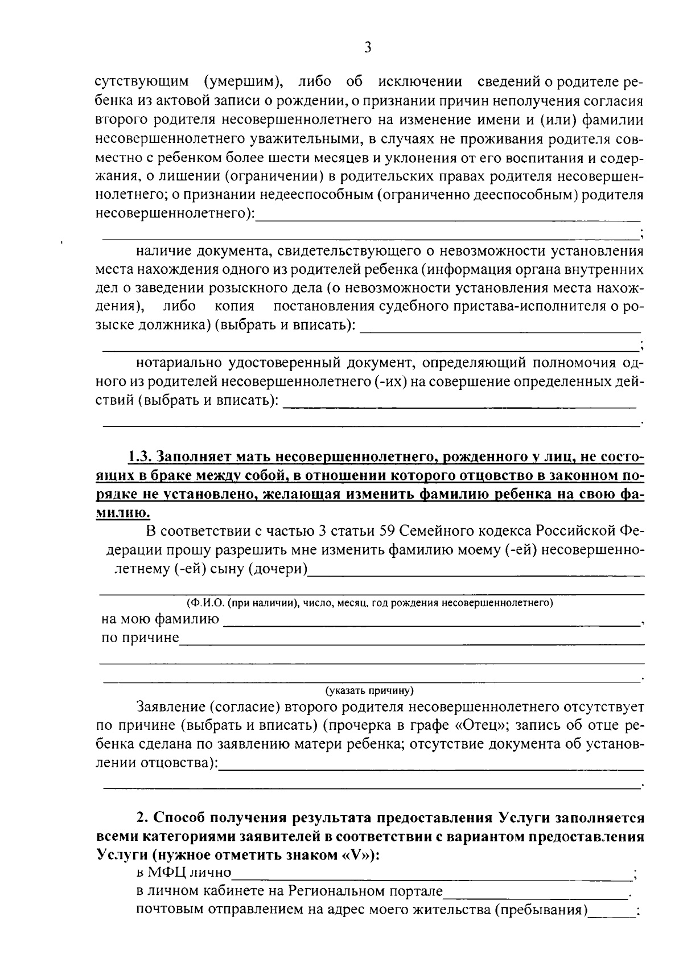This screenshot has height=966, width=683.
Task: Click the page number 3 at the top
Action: point(368,48)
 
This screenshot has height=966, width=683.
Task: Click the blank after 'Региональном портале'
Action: point(536,894)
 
